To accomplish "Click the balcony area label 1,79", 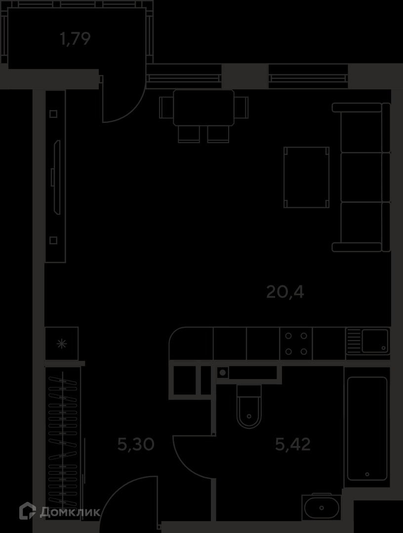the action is click(75, 38).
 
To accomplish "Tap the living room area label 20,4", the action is click(285, 292).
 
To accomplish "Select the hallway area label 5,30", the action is click(136, 444).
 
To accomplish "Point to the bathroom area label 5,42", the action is click(293, 444).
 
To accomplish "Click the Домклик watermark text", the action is click(70, 512).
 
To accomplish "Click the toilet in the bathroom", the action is click(249, 407).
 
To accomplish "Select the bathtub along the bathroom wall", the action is click(367, 428).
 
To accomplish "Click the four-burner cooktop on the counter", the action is click(296, 343).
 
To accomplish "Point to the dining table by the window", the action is click(203, 108).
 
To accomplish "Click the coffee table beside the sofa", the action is click(306, 177).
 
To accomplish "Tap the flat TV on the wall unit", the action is click(57, 177).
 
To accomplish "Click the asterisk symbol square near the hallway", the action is click(62, 343).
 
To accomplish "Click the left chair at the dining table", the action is click(166, 108).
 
